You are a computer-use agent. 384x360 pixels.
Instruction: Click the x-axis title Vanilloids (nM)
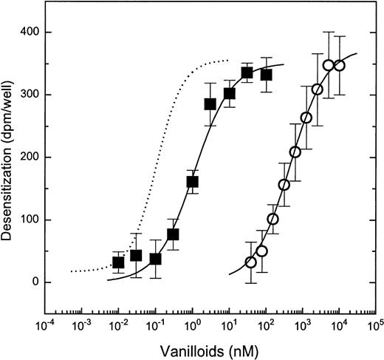pyautogui.click(x=210, y=348)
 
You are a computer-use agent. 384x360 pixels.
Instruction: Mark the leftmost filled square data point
pyautogui.click(x=118, y=262)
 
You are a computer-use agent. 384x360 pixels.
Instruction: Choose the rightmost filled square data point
pyautogui.click(x=266, y=75)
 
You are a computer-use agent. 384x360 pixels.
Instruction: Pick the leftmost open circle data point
pyautogui.click(x=250, y=262)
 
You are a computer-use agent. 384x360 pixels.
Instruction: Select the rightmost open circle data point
pyautogui.click(x=340, y=66)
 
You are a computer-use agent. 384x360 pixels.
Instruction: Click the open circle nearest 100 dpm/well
pyautogui.click(x=272, y=220)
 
